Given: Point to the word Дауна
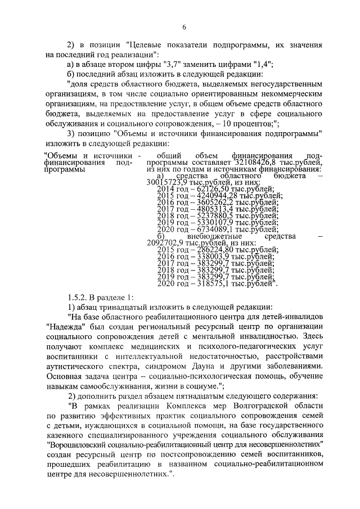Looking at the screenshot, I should click(x=233, y=364).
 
